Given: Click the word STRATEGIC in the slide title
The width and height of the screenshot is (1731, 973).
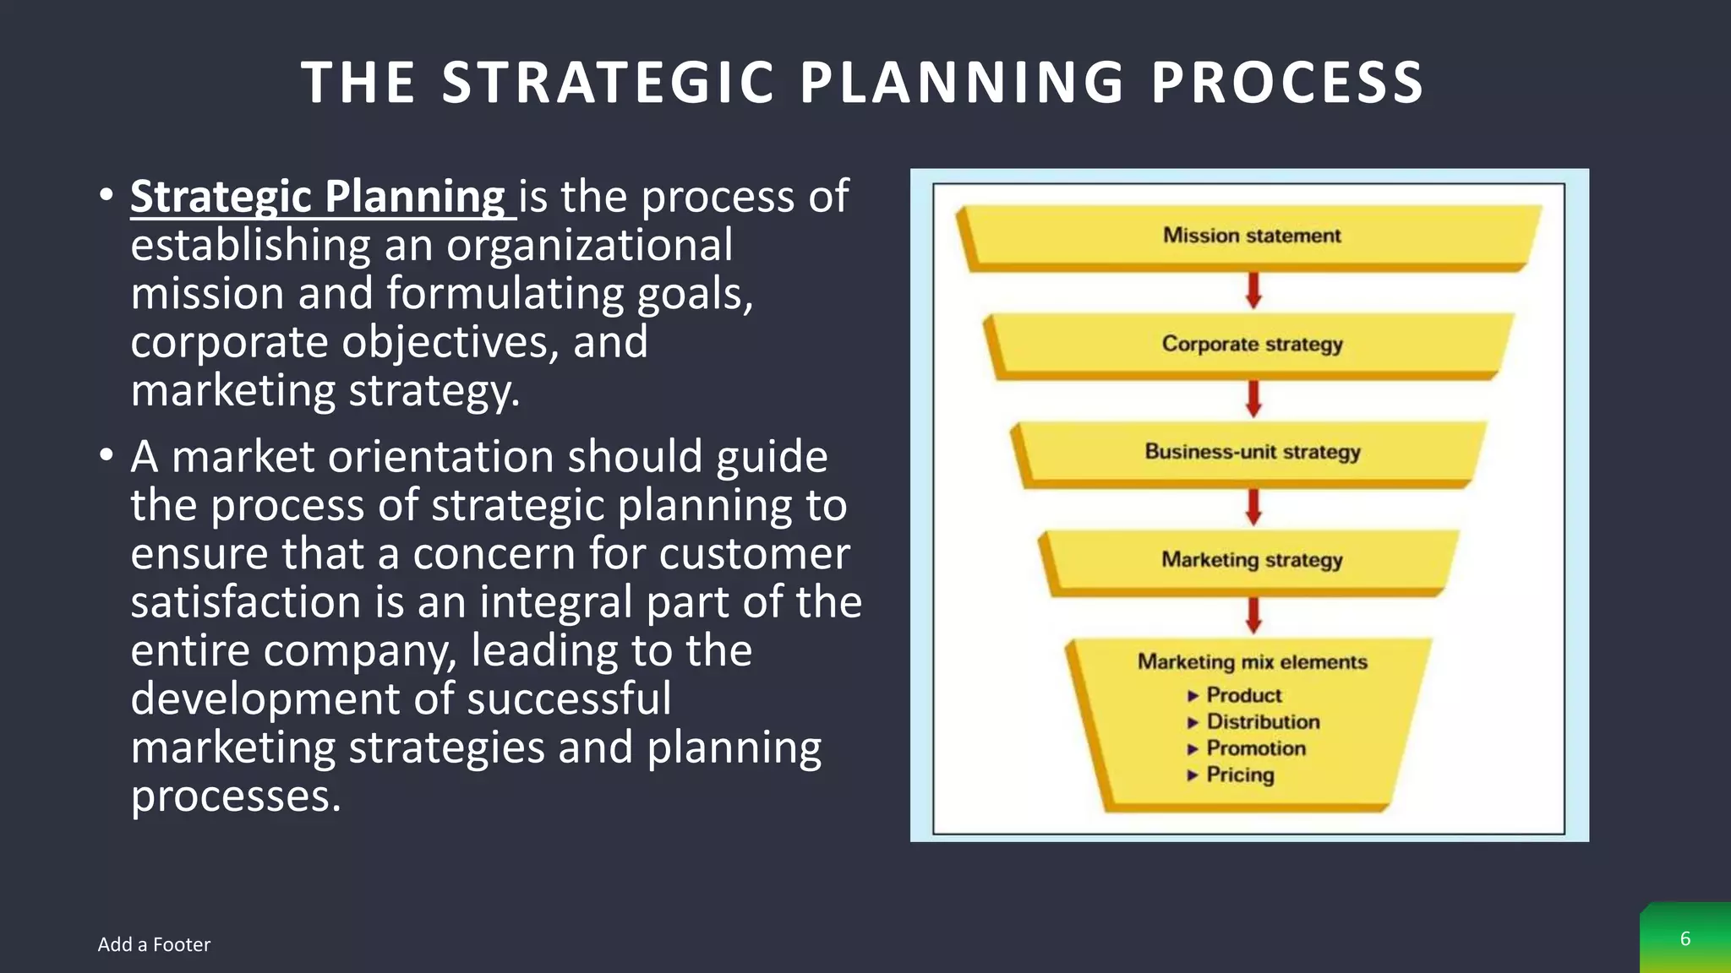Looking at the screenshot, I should tap(608, 83).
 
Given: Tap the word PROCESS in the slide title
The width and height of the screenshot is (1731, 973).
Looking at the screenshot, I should tap(1288, 83).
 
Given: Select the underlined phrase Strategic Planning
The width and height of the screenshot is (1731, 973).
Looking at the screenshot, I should tap(319, 197).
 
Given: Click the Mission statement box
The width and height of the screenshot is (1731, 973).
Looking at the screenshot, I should tap(1251, 236).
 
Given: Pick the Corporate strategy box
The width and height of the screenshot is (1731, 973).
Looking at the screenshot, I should tap(1251, 344).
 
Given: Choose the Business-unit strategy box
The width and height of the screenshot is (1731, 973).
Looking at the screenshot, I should tap(1252, 452).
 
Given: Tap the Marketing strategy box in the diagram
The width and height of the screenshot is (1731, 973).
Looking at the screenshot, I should tap(1251, 560).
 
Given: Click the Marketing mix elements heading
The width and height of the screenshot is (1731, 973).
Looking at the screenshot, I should tap(1252, 662).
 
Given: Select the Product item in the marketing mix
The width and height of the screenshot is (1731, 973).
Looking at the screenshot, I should tap(1243, 695).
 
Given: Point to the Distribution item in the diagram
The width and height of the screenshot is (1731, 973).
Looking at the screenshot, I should tap(1263, 722).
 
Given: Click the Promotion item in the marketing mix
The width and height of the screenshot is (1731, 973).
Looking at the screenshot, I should tap(1255, 748).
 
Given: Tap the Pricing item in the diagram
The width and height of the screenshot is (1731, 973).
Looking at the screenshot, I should tap(1239, 775).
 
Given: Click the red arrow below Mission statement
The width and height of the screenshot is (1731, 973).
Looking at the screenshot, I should tap(1253, 290).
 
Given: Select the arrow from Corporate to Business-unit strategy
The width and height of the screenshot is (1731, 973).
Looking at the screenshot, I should tap(1253, 398).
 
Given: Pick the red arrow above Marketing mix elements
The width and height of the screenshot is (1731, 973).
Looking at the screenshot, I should tap(1253, 615).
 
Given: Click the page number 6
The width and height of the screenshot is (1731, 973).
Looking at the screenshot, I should tap(1685, 938).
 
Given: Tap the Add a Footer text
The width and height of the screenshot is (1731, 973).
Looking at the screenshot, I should tap(154, 944).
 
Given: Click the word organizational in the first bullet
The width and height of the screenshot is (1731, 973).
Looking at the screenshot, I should tap(589, 246).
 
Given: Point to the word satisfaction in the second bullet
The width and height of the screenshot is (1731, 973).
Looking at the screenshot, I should tap(246, 602).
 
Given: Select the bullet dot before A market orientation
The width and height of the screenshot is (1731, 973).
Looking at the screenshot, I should tap(106, 456).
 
